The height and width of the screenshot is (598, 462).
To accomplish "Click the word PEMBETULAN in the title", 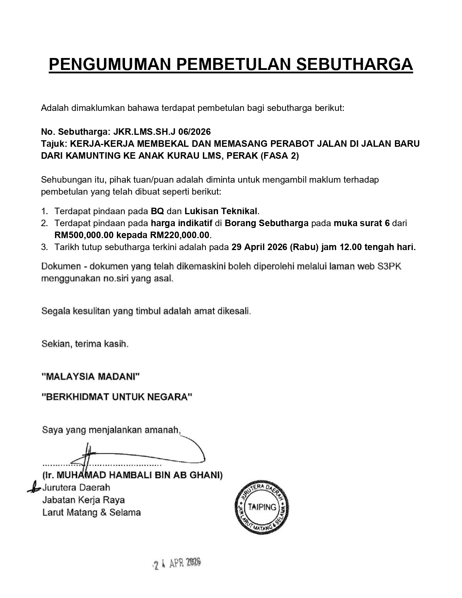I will (x=234, y=64).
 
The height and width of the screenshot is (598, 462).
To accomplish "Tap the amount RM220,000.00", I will (x=180, y=235).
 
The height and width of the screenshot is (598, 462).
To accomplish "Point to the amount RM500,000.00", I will (x=84, y=235).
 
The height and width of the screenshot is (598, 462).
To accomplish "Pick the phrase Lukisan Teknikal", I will (x=221, y=211).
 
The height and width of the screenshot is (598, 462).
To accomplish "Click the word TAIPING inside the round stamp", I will (x=262, y=507).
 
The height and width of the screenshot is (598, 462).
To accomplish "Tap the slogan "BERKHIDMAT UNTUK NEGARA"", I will (x=117, y=397).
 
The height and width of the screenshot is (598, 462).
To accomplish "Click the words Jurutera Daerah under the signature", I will (x=76, y=487).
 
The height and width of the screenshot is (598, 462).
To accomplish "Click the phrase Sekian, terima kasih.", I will (x=85, y=344).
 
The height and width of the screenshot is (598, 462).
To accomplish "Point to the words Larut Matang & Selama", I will (x=91, y=512).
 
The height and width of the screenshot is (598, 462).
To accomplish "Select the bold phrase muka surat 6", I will (x=361, y=223).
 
